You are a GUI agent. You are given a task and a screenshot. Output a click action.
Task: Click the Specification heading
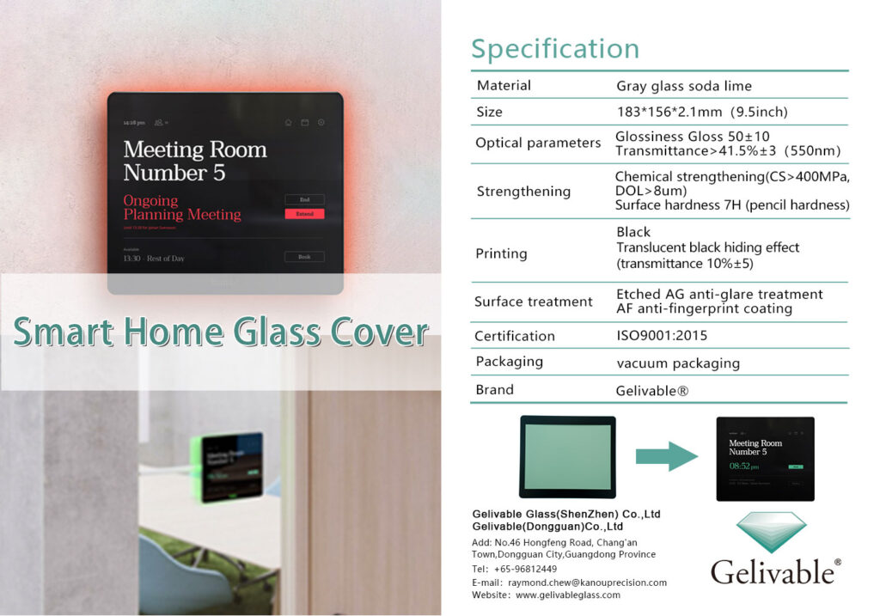(555, 49)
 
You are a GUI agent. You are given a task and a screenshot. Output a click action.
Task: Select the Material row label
(504, 85)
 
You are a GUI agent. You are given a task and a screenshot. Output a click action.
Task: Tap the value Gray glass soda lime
(684, 86)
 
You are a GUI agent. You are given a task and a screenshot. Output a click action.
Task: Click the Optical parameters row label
(538, 143)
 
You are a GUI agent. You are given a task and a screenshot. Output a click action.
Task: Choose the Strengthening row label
(523, 191)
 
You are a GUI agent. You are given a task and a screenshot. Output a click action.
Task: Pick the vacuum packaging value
(678, 363)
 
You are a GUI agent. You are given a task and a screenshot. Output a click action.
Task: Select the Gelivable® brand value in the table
(652, 390)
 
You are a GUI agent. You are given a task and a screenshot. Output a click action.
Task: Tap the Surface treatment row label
(533, 302)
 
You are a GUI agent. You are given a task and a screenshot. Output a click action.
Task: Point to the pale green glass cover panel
(566, 456)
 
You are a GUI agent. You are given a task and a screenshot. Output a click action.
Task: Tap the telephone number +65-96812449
(525, 569)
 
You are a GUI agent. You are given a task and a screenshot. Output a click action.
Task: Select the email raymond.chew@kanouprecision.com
(587, 582)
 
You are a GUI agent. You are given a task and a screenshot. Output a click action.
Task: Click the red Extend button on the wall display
(304, 213)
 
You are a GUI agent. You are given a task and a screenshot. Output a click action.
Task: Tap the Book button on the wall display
(304, 257)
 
